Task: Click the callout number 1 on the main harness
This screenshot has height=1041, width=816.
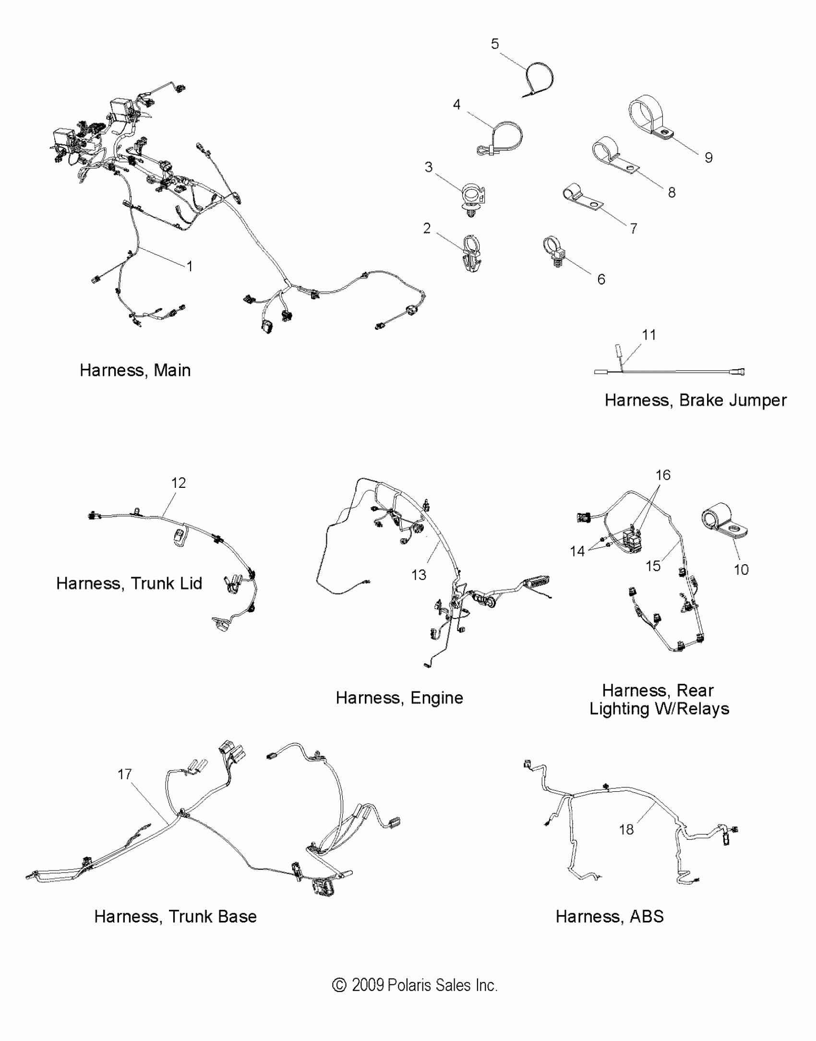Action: (190, 266)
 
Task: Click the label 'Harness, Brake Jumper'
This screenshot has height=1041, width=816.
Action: (695, 400)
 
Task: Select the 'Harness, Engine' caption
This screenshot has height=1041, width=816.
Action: (399, 698)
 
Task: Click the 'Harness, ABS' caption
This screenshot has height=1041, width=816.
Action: (609, 916)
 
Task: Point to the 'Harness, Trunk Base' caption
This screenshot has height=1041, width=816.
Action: (175, 916)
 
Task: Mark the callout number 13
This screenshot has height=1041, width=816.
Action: (419, 575)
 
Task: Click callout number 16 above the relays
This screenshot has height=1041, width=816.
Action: (663, 475)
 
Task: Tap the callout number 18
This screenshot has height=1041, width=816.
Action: (626, 829)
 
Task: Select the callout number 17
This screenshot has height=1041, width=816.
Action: (125, 774)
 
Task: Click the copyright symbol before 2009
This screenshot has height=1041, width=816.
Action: (339, 985)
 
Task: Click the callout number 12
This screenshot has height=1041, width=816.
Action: (179, 483)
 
